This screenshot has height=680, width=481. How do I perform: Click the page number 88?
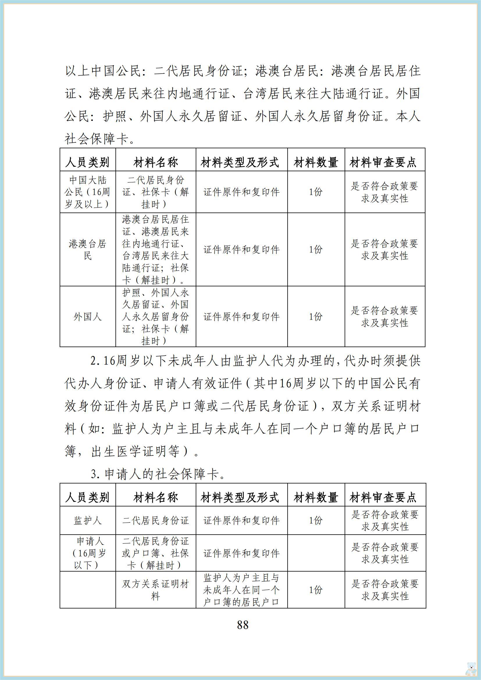coord(243,625)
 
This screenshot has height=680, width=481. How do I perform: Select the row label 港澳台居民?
coord(87,250)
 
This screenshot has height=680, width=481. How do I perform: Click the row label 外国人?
coord(87,317)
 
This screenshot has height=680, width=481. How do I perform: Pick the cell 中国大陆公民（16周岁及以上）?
coord(87,192)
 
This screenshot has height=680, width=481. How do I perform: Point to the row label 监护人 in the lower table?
coord(87,520)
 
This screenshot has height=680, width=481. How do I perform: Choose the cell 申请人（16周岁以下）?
coord(87,553)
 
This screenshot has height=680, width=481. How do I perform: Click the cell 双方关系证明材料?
coord(156,590)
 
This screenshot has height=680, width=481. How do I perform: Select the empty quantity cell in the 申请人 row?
coord(316,553)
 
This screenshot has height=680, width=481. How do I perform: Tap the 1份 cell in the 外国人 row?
coord(316,317)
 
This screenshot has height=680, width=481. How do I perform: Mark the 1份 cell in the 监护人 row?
coord(316,520)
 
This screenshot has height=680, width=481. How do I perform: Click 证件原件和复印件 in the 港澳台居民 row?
coord(241,250)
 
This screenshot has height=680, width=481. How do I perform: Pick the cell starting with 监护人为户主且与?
coord(241,590)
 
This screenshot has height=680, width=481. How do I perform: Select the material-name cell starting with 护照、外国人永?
coord(156,317)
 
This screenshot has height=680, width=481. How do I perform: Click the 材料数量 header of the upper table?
coord(316,162)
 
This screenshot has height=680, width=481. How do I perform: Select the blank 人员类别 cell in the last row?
coord(87,590)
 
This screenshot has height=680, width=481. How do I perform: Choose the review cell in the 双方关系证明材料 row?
coord(385,590)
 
